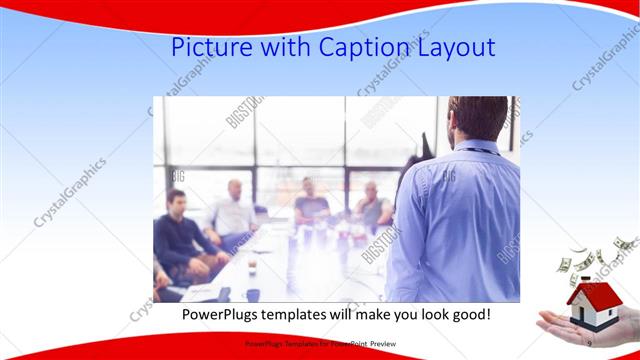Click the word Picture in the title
(x=208, y=47)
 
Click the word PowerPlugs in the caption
(x=221, y=314)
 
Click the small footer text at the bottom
(x=320, y=343)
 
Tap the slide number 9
(x=589, y=343)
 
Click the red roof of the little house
(x=589, y=291)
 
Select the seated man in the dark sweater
(x=178, y=235)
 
